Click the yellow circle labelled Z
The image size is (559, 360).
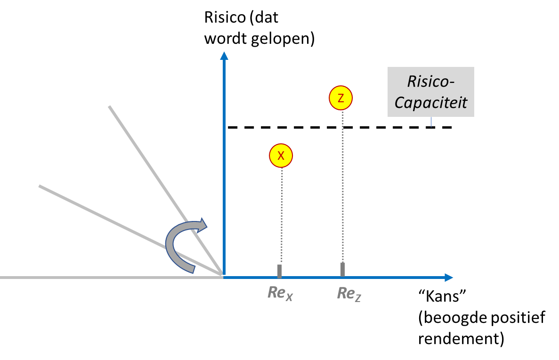[340, 98]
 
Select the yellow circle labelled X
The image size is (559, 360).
[281, 155]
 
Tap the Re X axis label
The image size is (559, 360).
[280, 293]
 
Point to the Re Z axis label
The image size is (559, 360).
[349, 294]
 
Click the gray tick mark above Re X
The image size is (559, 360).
[279, 270]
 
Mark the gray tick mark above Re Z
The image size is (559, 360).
[342, 269]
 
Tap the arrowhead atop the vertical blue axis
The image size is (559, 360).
[224, 56]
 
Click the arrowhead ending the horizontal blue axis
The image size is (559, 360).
[448, 278]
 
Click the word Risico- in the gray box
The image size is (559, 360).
[430, 82]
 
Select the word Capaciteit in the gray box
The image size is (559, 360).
[430, 102]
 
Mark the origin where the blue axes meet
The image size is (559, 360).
[224, 277]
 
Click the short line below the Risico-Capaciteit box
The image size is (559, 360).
[431, 122]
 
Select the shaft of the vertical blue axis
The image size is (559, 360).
[224, 165]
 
